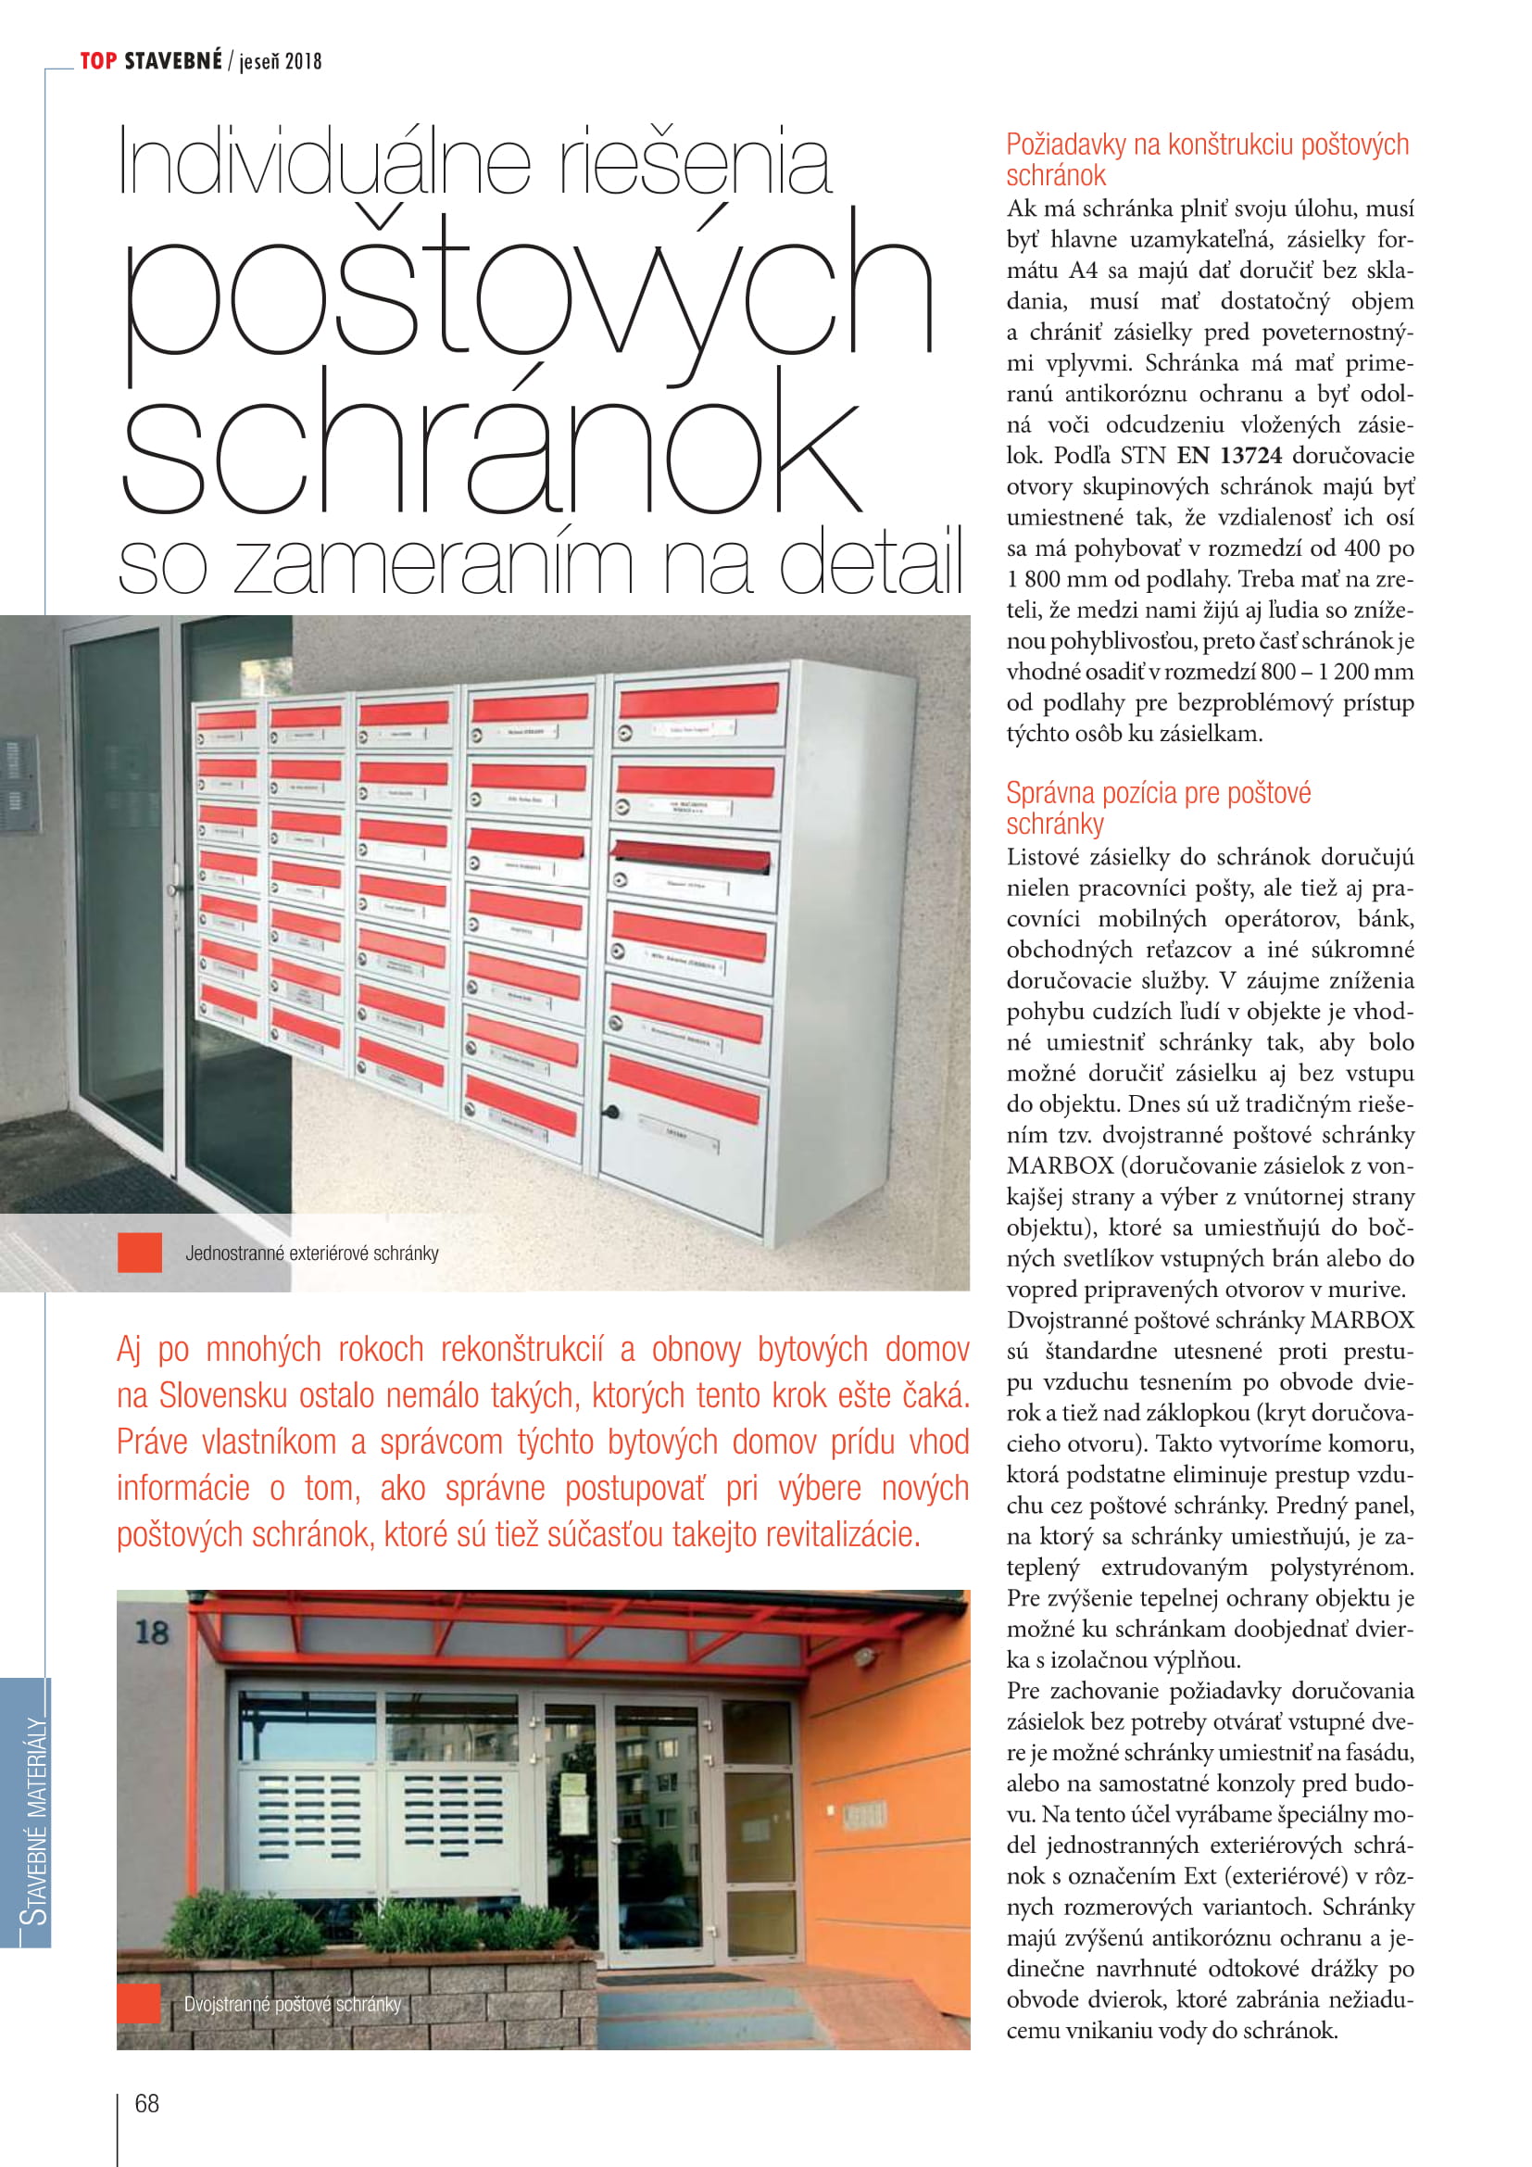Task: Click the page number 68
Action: pos(147,2103)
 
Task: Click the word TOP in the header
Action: pos(98,61)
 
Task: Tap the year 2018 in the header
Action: pos(303,62)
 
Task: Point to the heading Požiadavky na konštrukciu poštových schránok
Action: pos(1207,159)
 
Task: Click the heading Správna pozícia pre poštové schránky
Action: pos(1158,808)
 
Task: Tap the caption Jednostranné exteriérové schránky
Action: pos(312,1254)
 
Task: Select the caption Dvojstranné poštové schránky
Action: pos(293,2004)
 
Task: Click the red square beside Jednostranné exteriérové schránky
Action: pos(140,1253)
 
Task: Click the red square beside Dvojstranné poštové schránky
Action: pos(139,2004)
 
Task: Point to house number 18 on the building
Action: pos(152,1632)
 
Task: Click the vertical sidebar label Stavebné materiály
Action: pos(34,1821)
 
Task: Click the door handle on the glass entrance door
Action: pos(173,890)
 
